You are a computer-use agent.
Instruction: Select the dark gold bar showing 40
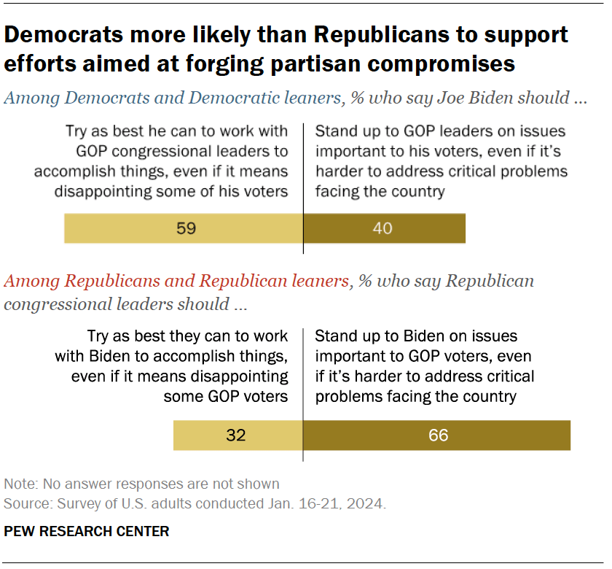click(384, 228)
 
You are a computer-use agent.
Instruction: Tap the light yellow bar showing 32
click(238, 436)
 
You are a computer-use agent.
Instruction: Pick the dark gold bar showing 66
click(436, 436)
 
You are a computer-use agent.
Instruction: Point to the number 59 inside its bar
click(187, 228)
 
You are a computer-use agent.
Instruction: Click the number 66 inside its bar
click(439, 436)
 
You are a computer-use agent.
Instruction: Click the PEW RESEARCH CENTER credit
click(87, 531)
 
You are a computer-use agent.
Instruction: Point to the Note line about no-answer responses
click(141, 484)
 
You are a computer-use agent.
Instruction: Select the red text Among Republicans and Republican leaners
click(176, 281)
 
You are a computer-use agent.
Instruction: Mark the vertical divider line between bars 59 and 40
click(303, 228)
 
